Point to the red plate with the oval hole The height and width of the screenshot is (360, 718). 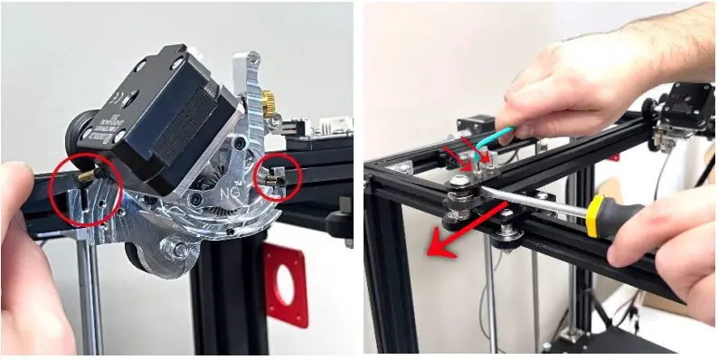click(x=285, y=284)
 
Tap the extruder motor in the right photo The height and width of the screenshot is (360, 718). click(x=688, y=104)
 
